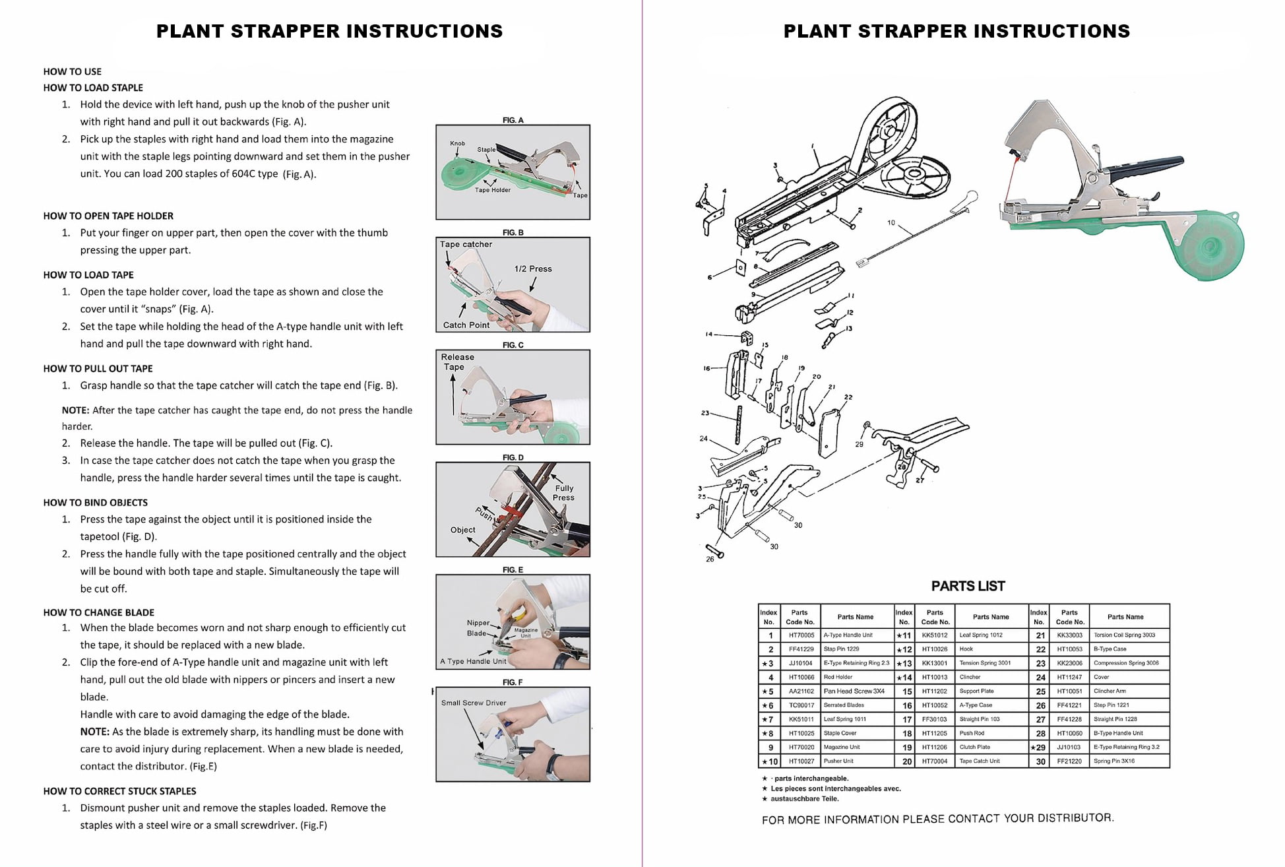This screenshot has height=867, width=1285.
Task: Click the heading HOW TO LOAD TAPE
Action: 88,274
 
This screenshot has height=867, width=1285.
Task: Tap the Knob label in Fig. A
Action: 457,143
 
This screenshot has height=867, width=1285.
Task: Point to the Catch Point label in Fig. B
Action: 466,325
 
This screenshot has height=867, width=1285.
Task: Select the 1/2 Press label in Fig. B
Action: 533,269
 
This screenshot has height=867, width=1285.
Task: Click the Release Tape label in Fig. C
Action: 457,362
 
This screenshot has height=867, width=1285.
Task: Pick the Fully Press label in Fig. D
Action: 563,493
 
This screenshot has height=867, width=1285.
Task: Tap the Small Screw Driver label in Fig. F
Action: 474,703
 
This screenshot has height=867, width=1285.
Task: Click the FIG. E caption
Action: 513,569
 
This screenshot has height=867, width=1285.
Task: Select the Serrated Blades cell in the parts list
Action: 844,705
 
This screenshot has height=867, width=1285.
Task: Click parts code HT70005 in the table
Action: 801,635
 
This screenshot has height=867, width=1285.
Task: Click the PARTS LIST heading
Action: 968,586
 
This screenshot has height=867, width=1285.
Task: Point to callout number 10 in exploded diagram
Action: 891,223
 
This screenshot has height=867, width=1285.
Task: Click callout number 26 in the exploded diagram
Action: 710,559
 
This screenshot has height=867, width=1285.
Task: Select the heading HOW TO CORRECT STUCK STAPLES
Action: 119,790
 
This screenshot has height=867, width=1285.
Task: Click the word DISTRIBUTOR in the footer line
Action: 1075,818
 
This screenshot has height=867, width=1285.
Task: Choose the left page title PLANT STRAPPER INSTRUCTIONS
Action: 329,31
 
